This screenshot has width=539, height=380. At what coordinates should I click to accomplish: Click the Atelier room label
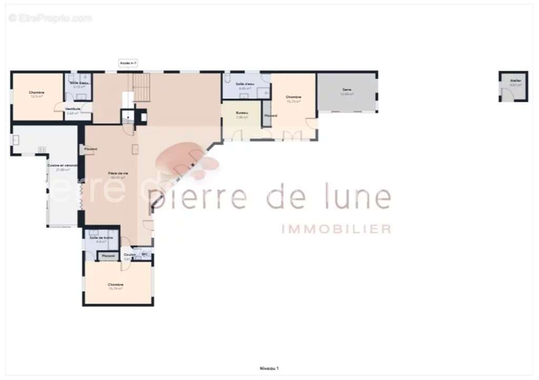[x=515, y=80]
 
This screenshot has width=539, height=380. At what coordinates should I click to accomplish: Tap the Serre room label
[x=347, y=90]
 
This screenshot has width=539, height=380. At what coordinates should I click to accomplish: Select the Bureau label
[x=242, y=113]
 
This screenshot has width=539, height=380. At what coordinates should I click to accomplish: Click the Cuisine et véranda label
[x=63, y=166]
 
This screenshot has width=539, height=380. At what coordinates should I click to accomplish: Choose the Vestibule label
[x=73, y=109]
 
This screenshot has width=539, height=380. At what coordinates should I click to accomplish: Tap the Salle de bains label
[x=101, y=238]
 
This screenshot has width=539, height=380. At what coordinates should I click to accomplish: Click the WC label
[x=145, y=254]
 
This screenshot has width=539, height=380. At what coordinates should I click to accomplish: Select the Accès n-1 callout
[x=128, y=63]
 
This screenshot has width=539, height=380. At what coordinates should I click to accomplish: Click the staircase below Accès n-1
[x=141, y=87]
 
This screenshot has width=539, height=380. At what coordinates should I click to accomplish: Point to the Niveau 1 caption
[x=269, y=368]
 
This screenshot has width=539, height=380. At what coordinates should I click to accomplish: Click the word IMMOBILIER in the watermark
[x=337, y=229]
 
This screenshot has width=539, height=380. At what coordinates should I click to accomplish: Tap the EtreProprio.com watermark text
[x=50, y=18]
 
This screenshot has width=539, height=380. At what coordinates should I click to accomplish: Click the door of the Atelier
[x=506, y=95]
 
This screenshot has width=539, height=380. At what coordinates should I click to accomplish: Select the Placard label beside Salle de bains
[x=108, y=256]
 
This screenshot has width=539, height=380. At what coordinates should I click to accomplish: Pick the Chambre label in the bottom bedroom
[x=115, y=284]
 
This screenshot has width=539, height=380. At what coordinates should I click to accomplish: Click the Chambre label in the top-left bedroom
[x=37, y=93]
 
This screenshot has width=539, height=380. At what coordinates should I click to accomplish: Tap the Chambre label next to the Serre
[x=293, y=97]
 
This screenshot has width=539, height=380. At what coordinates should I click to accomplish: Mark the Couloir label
[x=129, y=255]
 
